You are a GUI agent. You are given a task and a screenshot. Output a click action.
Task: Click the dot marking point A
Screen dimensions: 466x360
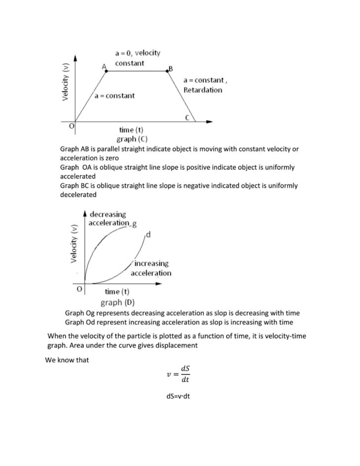click(x=106, y=71)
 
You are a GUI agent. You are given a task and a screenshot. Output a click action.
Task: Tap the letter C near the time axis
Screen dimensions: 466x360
click(x=187, y=117)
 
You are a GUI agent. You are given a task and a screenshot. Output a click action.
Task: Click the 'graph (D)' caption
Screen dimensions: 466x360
click(x=118, y=302)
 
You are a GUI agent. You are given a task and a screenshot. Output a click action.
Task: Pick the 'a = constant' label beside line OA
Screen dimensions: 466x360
click(x=114, y=95)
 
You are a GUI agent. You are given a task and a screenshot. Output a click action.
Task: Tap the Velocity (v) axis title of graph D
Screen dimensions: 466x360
click(x=75, y=243)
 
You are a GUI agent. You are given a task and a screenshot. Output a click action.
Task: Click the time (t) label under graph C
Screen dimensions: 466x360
click(x=131, y=130)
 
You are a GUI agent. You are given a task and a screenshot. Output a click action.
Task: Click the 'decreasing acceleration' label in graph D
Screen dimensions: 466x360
click(x=108, y=219)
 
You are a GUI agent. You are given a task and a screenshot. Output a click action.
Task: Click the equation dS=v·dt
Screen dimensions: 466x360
click(x=179, y=410)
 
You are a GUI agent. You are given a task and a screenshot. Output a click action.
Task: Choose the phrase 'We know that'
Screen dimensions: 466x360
click(x=67, y=360)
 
